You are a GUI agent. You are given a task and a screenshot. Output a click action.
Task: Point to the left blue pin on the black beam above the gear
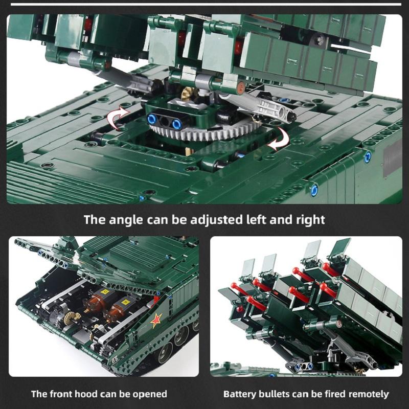(152, 119)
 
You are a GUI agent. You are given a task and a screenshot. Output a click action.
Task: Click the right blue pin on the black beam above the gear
(176, 124)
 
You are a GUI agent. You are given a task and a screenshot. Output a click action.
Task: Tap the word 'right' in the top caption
(308, 220)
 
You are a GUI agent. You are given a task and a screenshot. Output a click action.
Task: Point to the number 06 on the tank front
(114, 359)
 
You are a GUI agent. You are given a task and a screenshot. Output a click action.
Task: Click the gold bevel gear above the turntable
(188, 94)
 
